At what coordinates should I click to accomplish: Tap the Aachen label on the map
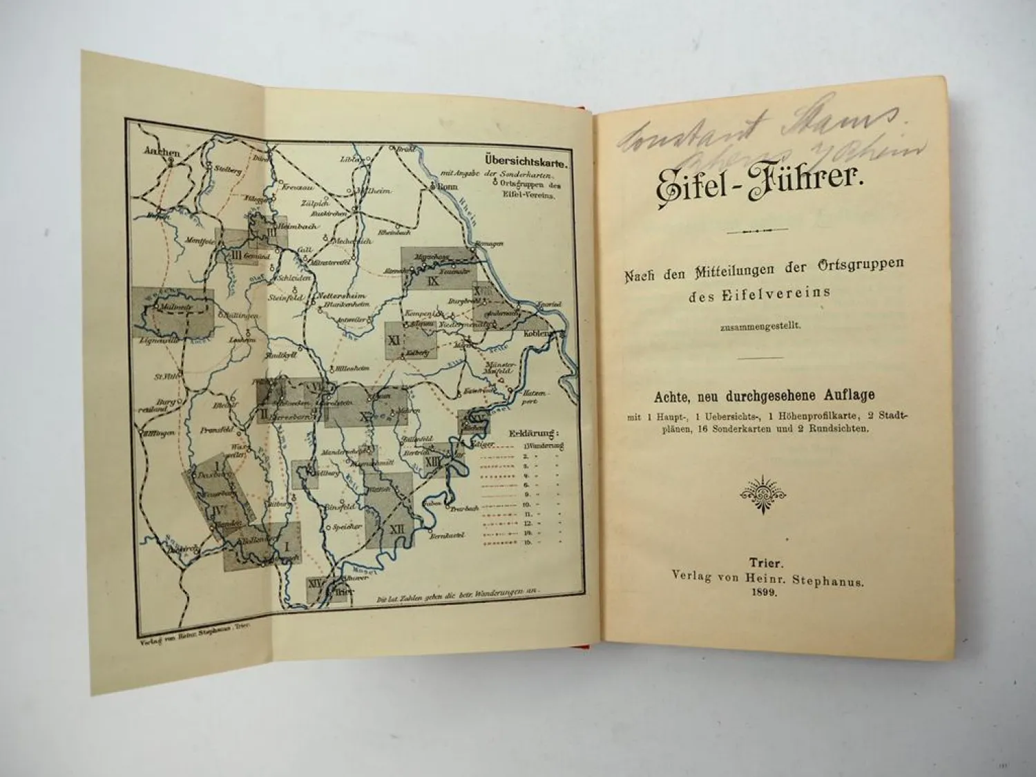point(162,153)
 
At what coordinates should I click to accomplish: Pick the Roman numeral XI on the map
point(394,340)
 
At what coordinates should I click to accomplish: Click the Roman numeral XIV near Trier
point(315,582)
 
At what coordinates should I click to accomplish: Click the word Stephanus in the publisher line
point(830,582)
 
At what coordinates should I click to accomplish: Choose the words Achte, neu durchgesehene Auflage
point(763,396)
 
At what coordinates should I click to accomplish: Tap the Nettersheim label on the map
point(334,297)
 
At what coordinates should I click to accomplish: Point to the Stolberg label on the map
point(227,171)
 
